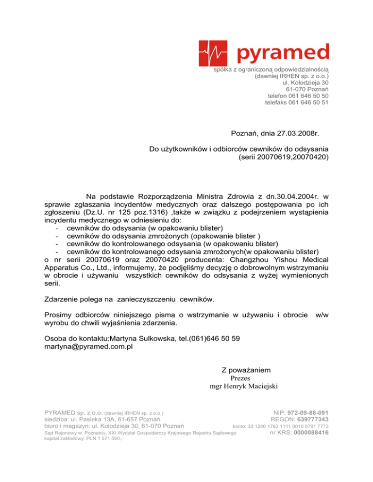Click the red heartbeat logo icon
click(214, 53)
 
